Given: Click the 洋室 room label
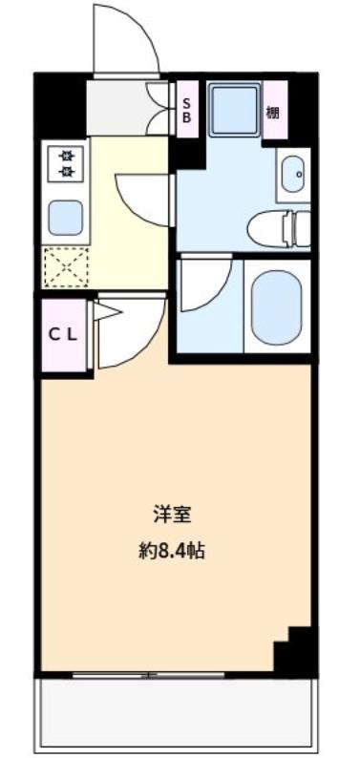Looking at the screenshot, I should click(172, 515).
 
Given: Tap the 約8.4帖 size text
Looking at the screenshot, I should click(172, 551).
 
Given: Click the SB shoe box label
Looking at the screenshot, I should click(187, 109).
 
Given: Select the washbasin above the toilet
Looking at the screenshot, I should click(293, 174).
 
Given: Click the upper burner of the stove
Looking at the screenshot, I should click(67, 153).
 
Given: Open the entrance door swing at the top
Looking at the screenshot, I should click(124, 43).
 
